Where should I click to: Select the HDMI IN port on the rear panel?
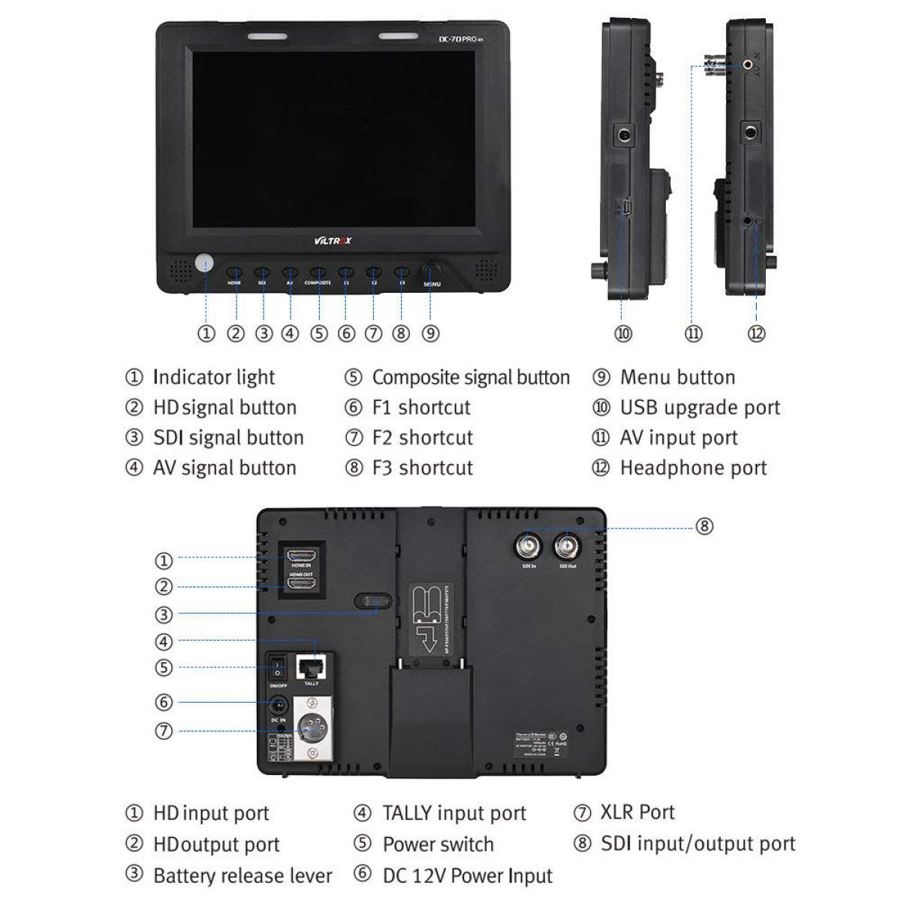click(301, 556)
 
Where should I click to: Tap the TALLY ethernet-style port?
click(311, 666)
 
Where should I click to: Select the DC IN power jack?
click(279, 706)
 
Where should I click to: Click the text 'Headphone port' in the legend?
click(693, 469)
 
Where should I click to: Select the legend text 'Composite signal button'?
click(471, 378)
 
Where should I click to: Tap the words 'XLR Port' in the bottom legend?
click(637, 812)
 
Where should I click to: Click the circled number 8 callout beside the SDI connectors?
click(704, 526)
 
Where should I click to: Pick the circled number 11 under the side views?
click(693, 333)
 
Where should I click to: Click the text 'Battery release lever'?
click(243, 876)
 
